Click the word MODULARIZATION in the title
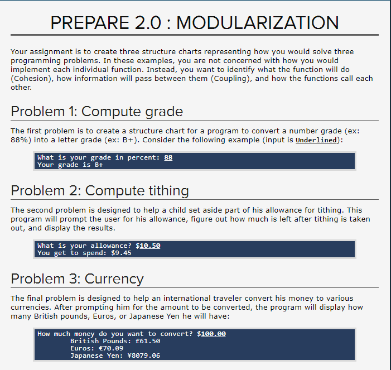(257, 23)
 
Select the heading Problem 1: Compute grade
(97, 111)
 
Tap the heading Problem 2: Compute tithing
(100, 191)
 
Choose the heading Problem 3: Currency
(78, 278)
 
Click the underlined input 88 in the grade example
(168, 157)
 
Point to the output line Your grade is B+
(70, 165)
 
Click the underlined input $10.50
(148, 245)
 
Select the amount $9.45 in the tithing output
(121, 253)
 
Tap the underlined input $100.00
(211, 334)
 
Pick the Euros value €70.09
(115, 348)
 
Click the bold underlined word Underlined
(316, 140)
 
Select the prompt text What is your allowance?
(84, 245)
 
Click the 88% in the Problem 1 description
(20, 140)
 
